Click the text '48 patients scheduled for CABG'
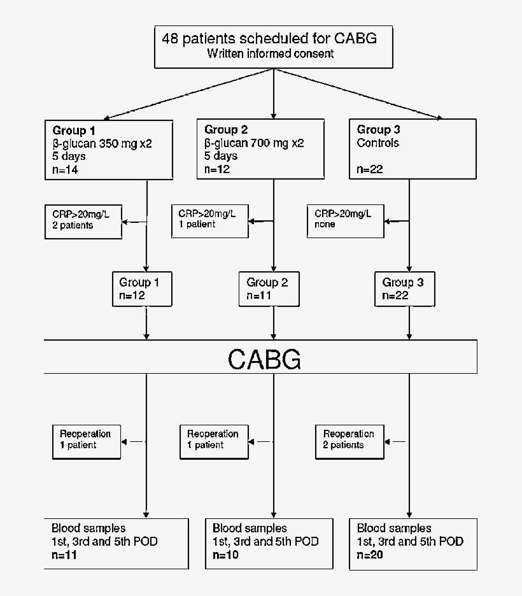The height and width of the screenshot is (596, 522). pos(269,38)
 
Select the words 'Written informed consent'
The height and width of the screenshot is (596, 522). pos(270,53)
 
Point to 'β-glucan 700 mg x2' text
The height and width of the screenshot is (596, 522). pos(254,143)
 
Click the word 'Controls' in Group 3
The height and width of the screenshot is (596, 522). pos(378,143)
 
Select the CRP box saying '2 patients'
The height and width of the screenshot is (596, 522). pos(83,220)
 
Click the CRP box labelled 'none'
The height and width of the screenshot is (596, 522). pos(345,220)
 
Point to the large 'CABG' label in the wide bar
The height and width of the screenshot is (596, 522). pos(264,360)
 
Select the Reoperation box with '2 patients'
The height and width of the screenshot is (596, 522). pos(349,440)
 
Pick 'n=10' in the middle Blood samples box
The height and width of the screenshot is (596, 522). pos(227,555)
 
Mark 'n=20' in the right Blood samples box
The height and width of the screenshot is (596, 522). pos(371,555)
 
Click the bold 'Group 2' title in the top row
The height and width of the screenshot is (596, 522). pos(222,130)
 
